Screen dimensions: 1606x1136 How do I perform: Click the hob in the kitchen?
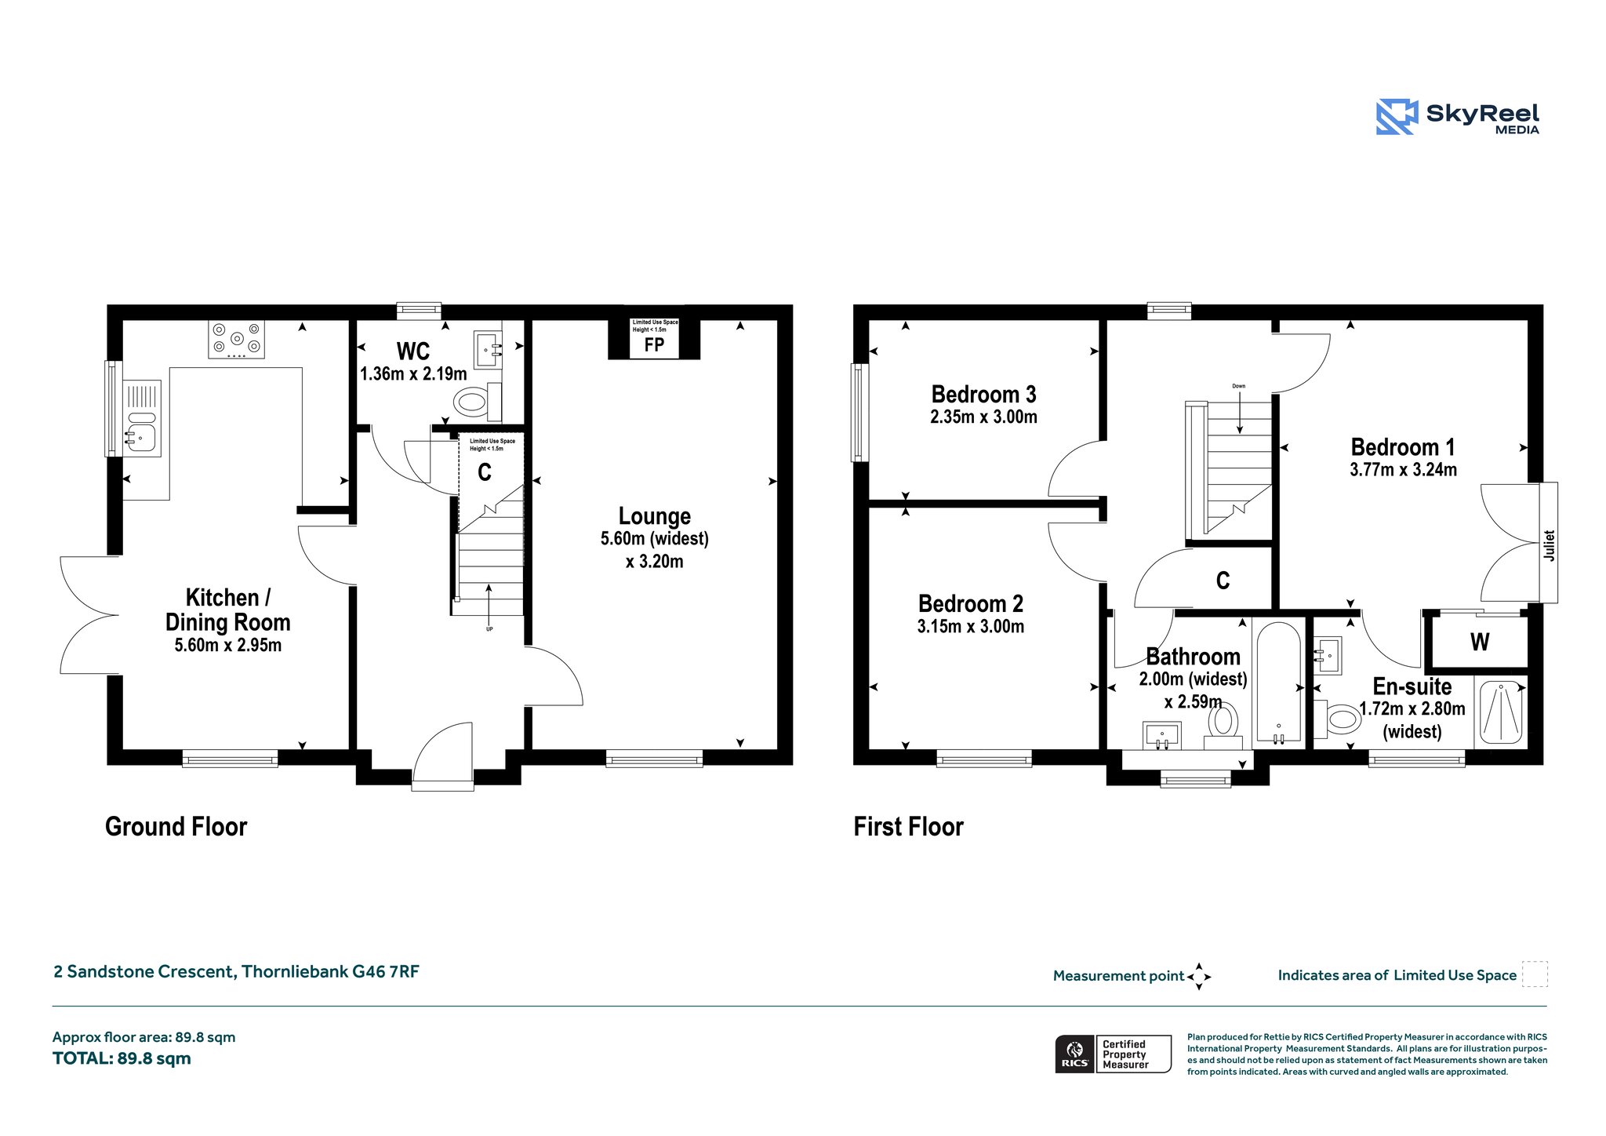coord(236,340)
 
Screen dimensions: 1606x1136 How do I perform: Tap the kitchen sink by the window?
coord(143,419)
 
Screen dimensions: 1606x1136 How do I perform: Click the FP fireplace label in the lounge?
coord(654,344)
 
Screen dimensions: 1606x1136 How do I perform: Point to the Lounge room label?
coord(655,516)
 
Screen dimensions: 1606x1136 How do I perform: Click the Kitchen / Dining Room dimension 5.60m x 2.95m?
coord(228,646)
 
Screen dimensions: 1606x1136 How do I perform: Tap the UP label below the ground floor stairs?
coord(489,629)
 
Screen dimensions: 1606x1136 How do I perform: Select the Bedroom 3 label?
coord(983,394)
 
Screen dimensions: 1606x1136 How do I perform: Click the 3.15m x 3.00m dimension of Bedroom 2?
coord(971,627)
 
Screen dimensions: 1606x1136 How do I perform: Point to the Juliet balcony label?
coord(1549,545)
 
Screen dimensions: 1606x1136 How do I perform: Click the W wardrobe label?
coord(1480,643)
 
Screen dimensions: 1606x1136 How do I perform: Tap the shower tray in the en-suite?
coord(1502,712)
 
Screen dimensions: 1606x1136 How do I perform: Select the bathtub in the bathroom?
coord(1279,680)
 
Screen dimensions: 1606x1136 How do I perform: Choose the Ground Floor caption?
coord(176,827)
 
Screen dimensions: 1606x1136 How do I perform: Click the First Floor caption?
coord(908,827)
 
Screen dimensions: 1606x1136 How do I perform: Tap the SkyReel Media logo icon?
coord(1397,117)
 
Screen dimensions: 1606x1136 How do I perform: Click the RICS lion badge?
coord(1074,1054)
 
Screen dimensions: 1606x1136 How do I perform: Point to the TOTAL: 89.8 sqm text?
coord(122,1058)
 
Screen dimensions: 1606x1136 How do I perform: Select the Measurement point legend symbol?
coord(1199,977)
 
